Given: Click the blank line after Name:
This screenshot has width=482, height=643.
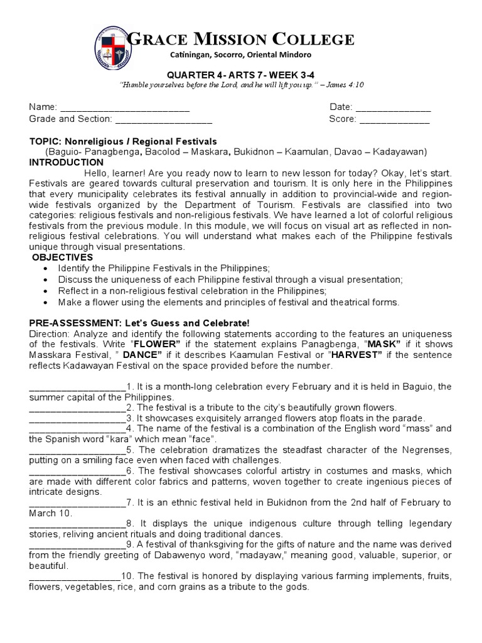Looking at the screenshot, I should pos(124,107).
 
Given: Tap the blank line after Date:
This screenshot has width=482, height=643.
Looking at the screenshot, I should pos(394,107).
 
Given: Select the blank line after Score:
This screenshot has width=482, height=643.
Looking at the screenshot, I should pos(394,119).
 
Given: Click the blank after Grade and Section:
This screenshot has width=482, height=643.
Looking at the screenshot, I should pos(164,119).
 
